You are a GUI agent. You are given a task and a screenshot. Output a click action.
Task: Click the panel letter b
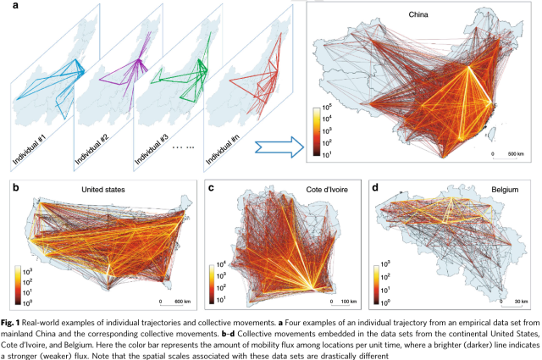click(13, 186)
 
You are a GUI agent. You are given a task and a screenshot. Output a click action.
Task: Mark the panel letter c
click(210, 186)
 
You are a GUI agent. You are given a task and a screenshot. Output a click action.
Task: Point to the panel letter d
click(374, 186)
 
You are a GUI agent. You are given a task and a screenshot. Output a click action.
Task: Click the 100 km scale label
click(347, 301)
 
